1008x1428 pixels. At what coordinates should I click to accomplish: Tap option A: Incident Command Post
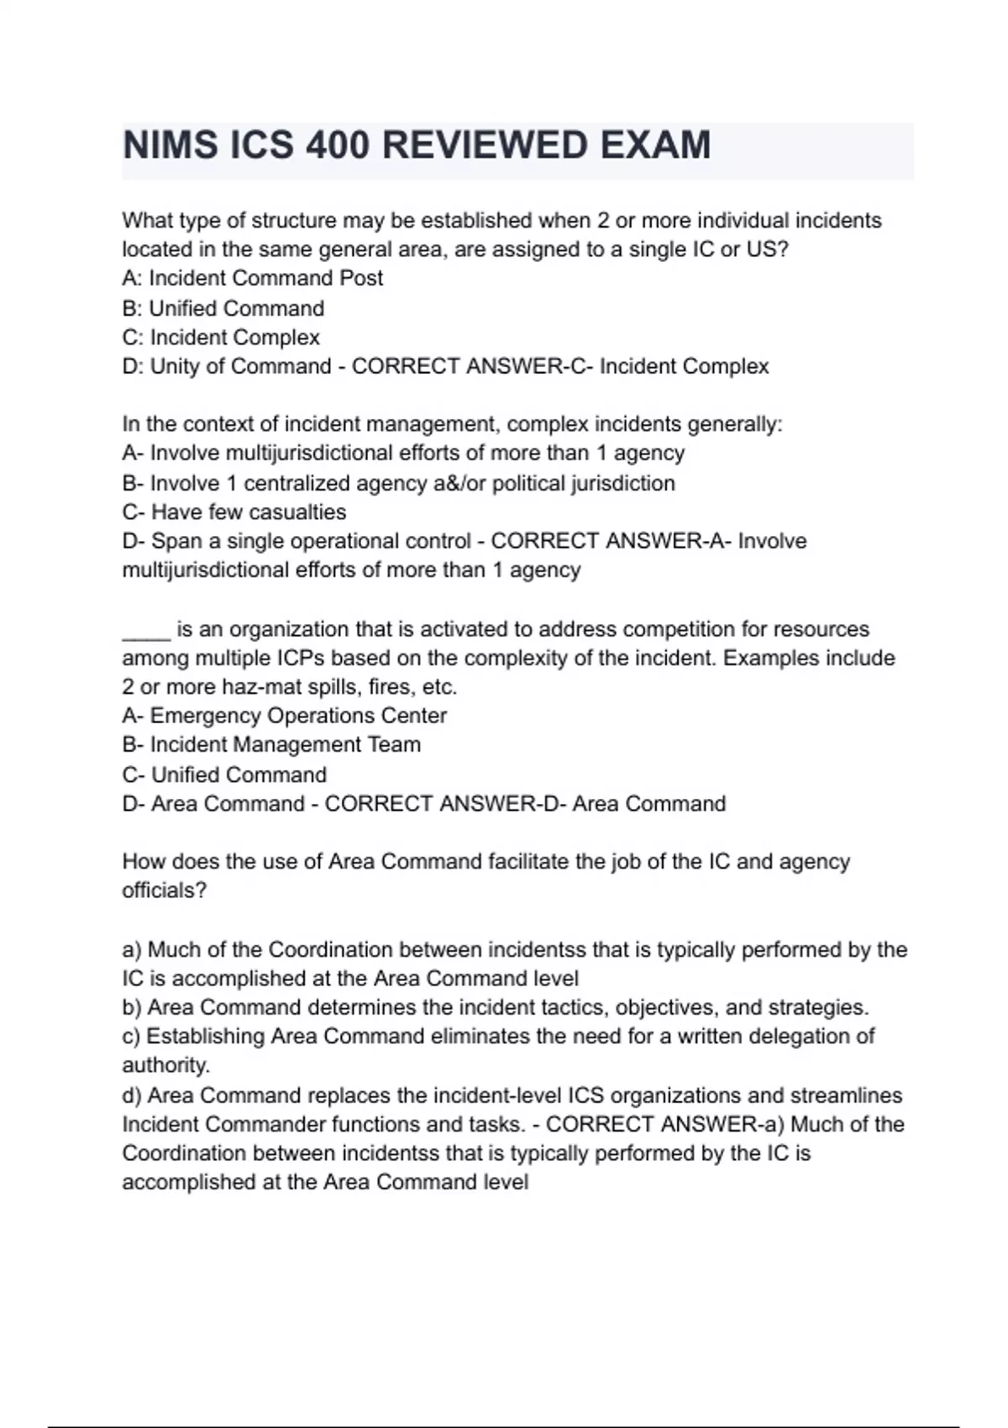coord(252,278)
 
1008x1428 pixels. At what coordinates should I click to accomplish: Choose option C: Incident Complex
coord(221,338)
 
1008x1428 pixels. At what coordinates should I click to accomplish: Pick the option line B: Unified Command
coord(223,308)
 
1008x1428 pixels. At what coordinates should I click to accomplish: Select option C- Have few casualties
coord(234,512)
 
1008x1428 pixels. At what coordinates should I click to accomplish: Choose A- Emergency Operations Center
coord(284,716)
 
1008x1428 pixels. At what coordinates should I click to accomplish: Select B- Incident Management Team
coord(271,745)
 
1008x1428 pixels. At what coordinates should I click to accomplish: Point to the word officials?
coord(164,890)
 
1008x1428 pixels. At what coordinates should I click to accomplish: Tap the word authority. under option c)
coord(165,1065)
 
